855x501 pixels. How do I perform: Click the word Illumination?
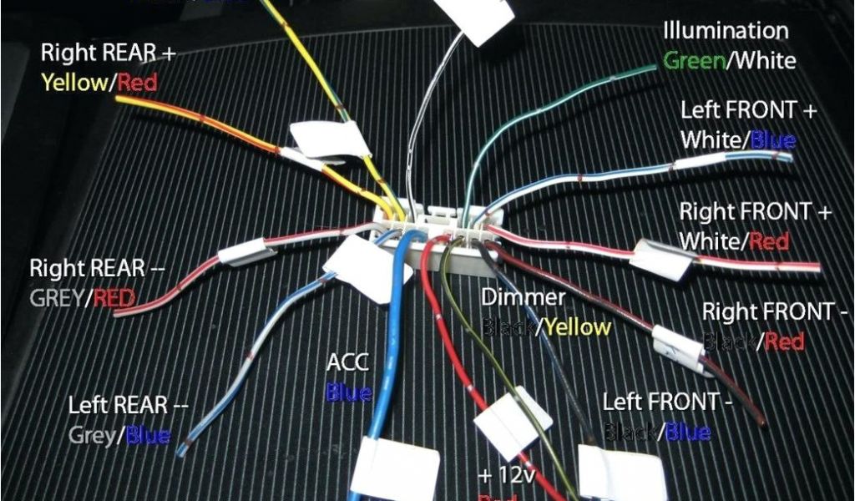click(726, 31)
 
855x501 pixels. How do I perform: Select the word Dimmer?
click(524, 297)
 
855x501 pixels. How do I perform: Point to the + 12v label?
click(507, 475)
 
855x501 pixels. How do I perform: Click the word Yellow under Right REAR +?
click(74, 82)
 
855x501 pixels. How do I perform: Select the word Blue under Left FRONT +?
click(773, 139)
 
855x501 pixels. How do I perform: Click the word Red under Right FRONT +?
click(769, 241)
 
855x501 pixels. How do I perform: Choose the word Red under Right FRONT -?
click(784, 341)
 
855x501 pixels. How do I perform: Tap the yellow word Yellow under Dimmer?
click(578, 327)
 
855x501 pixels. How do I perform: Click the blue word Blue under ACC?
click(349, 392)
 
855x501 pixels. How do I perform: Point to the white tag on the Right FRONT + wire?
click(662, 258)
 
